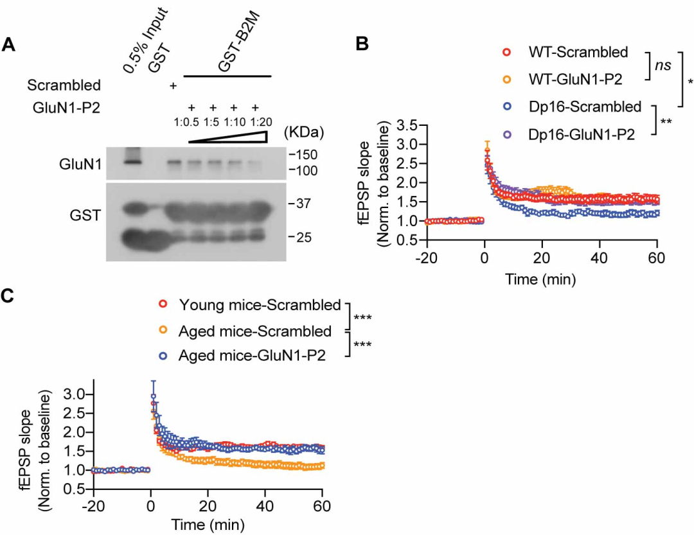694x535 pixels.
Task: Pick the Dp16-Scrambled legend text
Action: pyautogui.click(x=585, y=106)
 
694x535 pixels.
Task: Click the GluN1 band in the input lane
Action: pyautogui.click(x=132, y=161)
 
